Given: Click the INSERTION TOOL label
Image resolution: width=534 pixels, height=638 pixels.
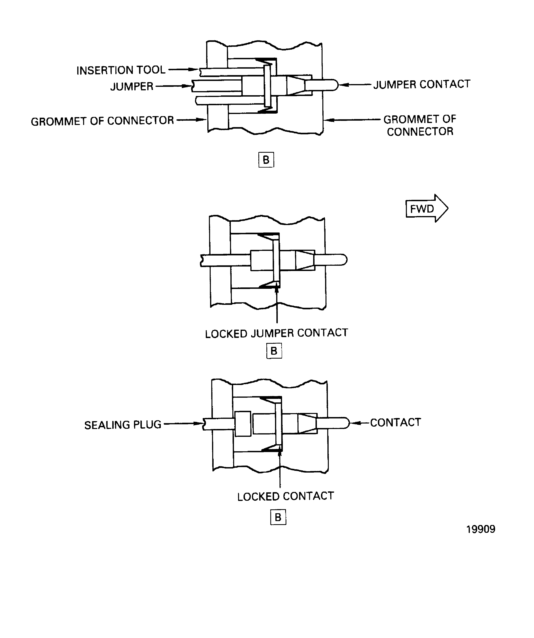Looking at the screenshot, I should pos(121,70).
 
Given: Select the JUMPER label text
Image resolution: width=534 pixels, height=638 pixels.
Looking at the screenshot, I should pos(132,87).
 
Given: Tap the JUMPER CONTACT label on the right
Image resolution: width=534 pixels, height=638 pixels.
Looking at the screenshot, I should pos(422,84).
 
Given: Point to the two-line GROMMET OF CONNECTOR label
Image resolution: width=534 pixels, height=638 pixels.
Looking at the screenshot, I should pos(420,125).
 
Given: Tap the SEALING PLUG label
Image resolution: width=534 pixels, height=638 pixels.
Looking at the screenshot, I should pos(122,425).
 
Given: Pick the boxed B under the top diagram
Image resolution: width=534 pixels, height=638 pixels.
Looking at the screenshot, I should pos(266,160).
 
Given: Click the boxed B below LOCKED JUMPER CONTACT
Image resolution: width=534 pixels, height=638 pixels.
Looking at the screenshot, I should pos(274,351).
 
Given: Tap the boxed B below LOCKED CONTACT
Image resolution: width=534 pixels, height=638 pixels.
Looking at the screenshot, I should pos(278,517).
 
